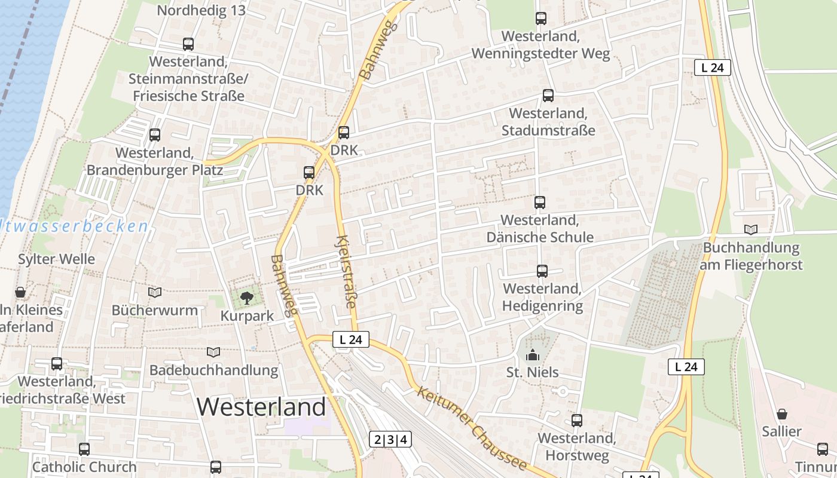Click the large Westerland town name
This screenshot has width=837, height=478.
point(261,407)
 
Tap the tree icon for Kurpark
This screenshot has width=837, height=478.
point(246,297)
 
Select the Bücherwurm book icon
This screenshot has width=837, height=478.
point(155,292)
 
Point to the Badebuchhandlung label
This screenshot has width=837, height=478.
point(213,370)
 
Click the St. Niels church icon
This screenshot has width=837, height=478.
point(532,355)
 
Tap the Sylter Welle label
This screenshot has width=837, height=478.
point(56,259)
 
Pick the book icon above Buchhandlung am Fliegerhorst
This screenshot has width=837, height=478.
point(751,229)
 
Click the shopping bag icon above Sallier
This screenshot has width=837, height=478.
point(782,414)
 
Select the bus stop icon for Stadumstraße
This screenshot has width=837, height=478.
point(548,96)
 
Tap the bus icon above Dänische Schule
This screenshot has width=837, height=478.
point(540,203)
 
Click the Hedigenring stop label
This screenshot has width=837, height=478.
point(542,298)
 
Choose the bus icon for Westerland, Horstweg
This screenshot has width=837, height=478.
point(576,421)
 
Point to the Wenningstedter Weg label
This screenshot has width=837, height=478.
point(540,45)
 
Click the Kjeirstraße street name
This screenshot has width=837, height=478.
point(346,272)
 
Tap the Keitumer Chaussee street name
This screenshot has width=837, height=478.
point(472,428)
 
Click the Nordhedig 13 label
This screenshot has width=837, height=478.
point(201,11)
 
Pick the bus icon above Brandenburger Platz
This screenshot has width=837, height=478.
point(155,135)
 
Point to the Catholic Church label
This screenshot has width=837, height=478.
point(84,467)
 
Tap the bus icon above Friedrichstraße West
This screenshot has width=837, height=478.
point(57,364)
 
